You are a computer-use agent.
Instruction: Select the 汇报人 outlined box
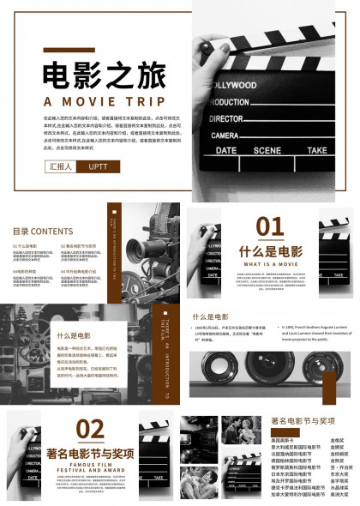pos(61,166)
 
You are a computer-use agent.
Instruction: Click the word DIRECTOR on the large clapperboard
pos(226,118)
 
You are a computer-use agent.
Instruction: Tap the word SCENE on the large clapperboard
pos(266,150)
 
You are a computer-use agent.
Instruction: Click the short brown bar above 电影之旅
pos(69,50)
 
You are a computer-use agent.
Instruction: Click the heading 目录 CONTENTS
pos(42,231)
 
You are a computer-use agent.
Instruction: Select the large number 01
pos(270,226)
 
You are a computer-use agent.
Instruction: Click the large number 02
pos(90,428)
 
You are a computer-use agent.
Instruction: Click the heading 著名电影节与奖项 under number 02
pos(90,452)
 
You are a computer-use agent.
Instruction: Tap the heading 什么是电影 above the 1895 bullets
pos(210,316)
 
